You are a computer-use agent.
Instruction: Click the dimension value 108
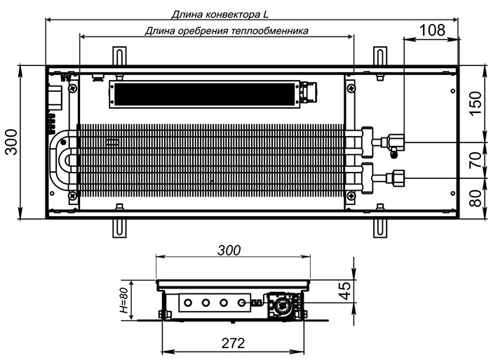coord(432,30)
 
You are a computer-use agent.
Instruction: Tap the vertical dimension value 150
coord(476,103)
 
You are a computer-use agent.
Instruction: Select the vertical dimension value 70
coord(476,160)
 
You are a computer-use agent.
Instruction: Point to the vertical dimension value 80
coord(476,199)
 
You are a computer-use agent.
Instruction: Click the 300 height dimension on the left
coord(12,142)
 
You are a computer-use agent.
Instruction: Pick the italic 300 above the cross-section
coord(229,251)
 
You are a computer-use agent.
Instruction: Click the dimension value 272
coord(233,343)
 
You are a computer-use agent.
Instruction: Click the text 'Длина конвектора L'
coord(220,15)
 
